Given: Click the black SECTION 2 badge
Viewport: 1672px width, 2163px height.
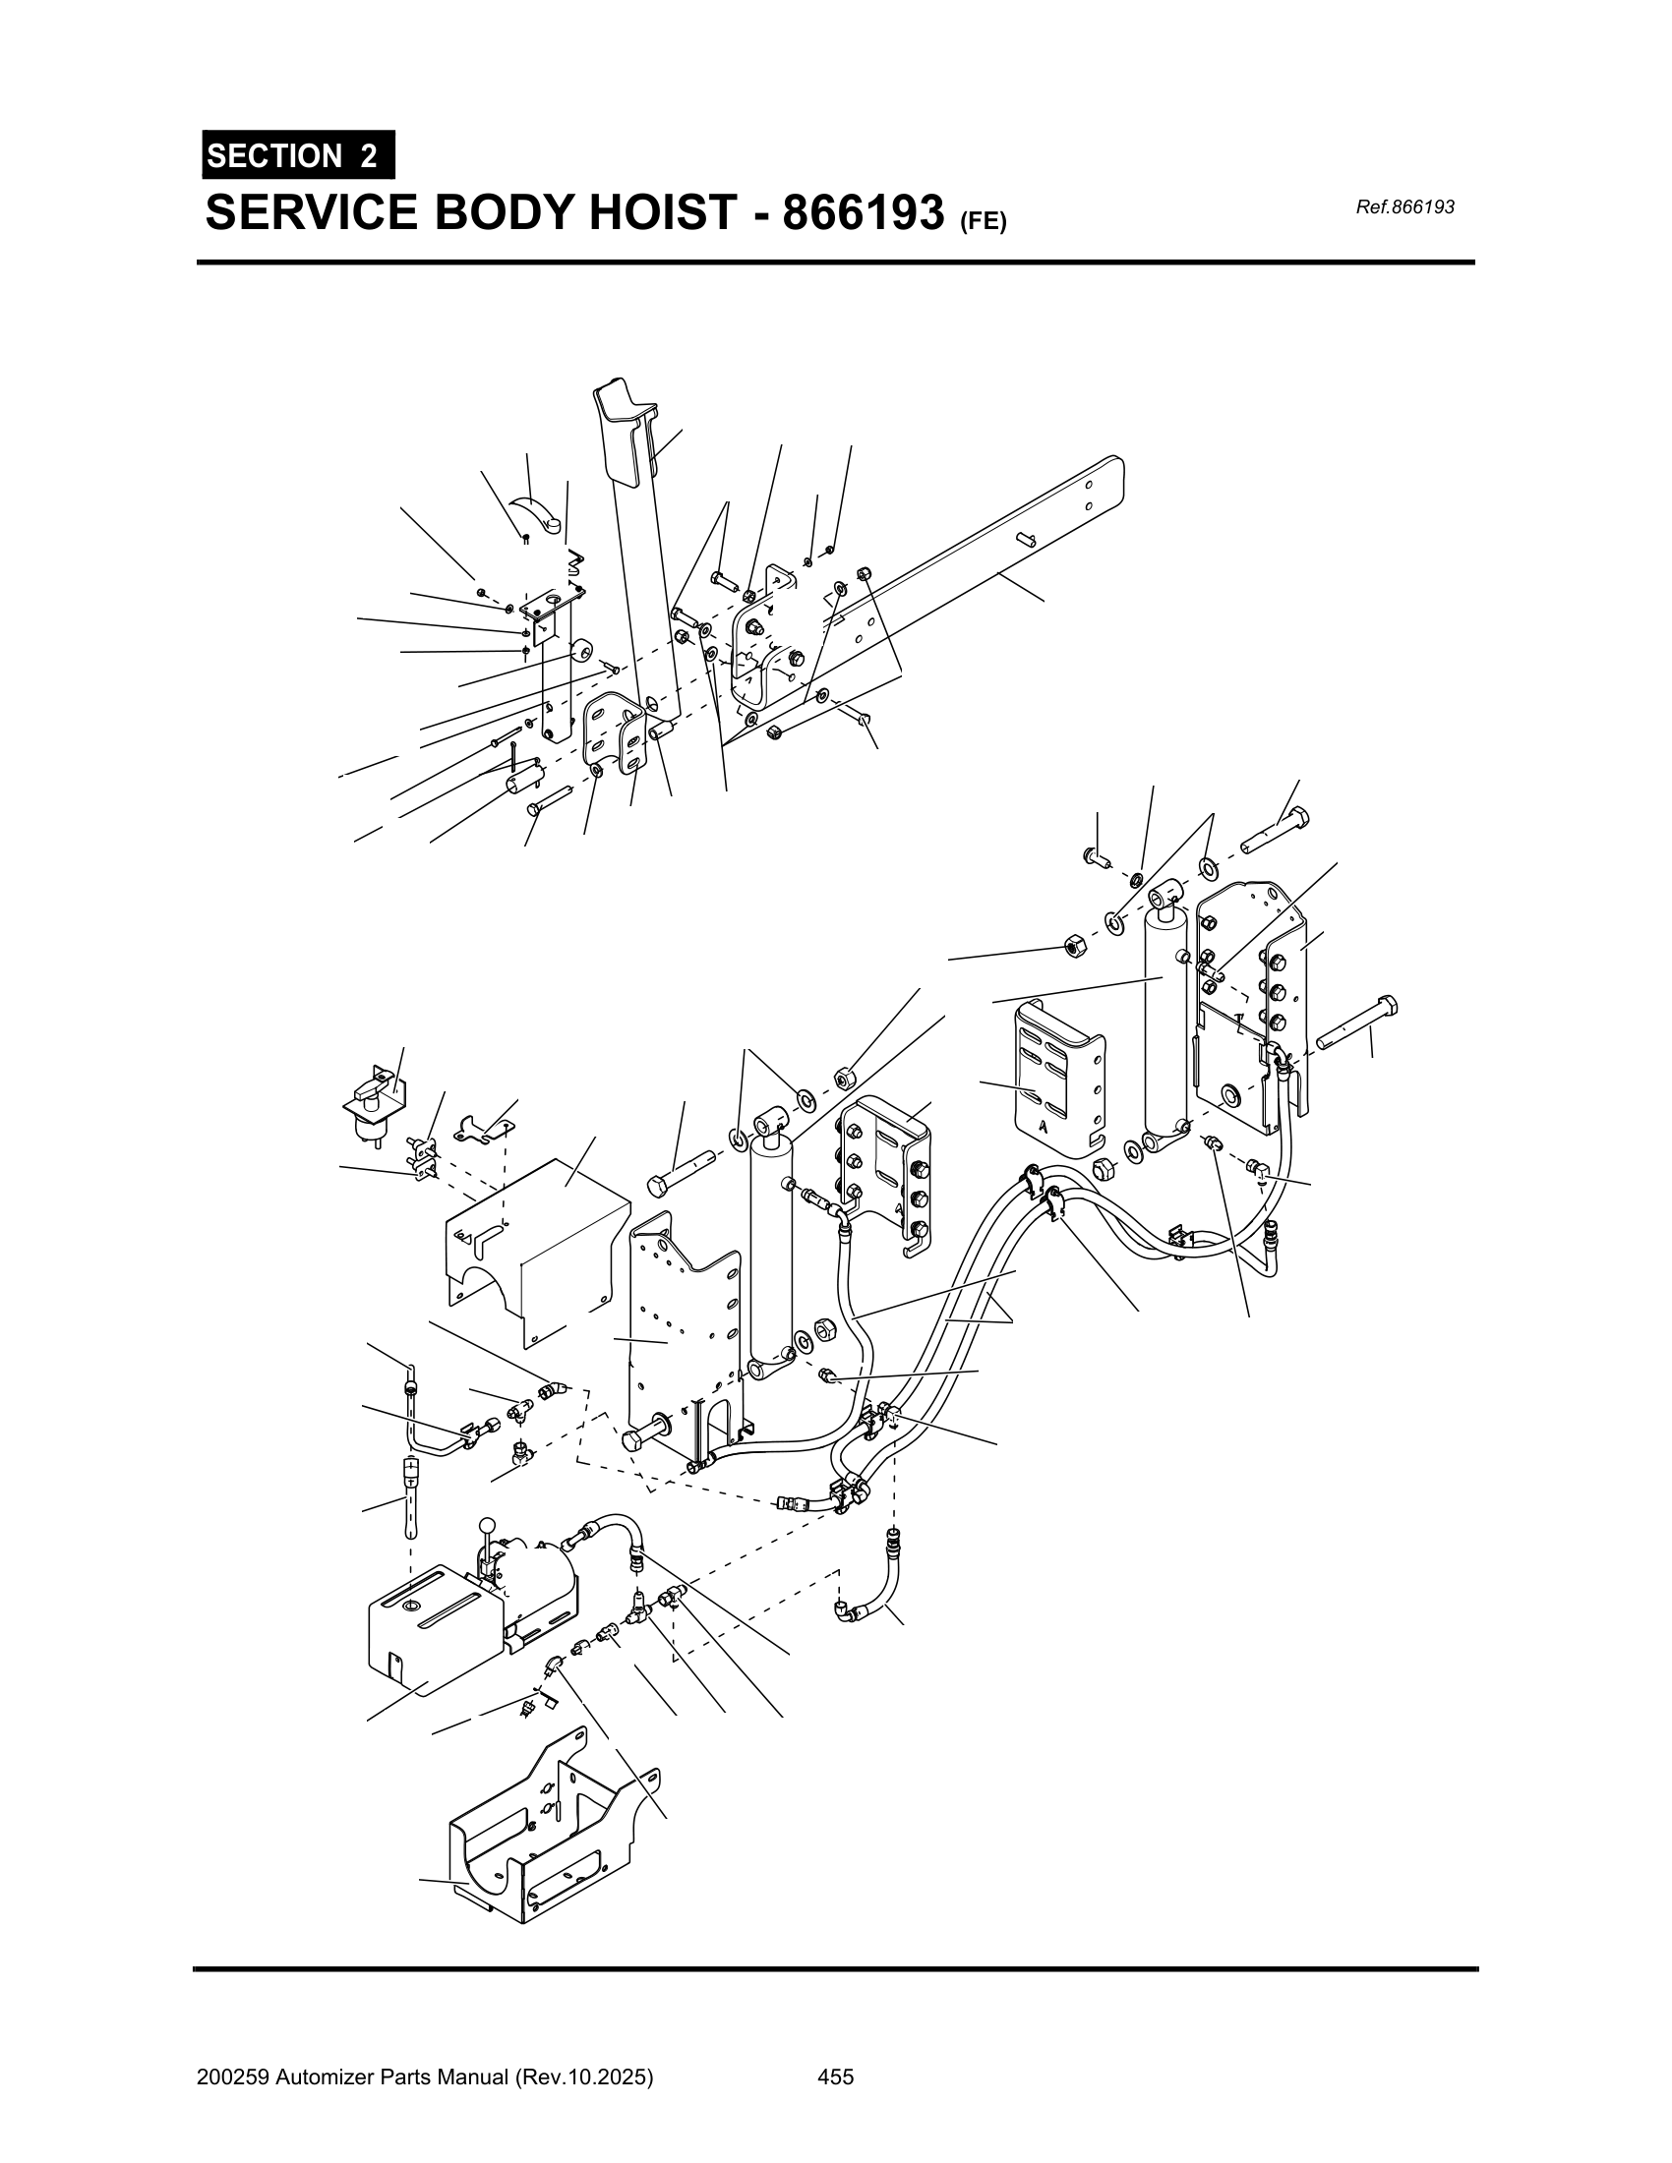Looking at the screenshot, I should point(297,155).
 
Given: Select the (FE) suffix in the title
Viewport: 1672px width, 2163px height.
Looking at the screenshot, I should point(982,222).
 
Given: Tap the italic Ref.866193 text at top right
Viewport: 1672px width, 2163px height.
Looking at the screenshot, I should point(1404,207).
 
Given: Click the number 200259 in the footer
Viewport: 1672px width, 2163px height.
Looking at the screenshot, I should point(233,2070).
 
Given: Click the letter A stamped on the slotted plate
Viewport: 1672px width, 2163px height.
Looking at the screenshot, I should point(1043,1125).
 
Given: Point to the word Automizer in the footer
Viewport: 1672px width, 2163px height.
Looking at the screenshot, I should point(325,2070).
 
